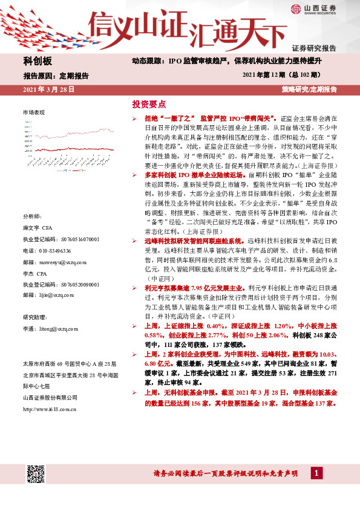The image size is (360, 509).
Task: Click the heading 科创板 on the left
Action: [38, 62]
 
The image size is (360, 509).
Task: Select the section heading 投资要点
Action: [148, 104]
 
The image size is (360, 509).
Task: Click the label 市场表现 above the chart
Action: [34, 113]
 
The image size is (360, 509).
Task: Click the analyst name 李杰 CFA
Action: [35, 273]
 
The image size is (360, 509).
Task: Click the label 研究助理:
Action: [35, 317]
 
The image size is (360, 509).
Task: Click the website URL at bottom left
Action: [49, 409]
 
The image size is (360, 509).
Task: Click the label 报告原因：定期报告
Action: [56, 76]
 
